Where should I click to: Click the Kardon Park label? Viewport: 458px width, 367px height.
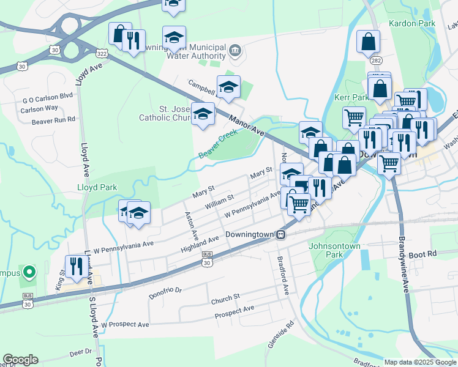point(411,23)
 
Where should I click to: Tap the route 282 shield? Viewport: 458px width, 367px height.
point(376,61)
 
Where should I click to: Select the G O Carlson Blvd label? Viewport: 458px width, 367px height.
point(48,96)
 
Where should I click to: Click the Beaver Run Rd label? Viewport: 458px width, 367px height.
point(53,120)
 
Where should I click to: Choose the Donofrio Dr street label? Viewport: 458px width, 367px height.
point(165,291)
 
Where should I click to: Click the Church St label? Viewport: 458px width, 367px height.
point(225,299)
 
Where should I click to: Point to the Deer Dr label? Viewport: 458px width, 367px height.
point(80,352)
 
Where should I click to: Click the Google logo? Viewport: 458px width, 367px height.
point(20,360)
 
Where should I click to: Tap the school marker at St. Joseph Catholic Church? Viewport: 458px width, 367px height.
point(203,114)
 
